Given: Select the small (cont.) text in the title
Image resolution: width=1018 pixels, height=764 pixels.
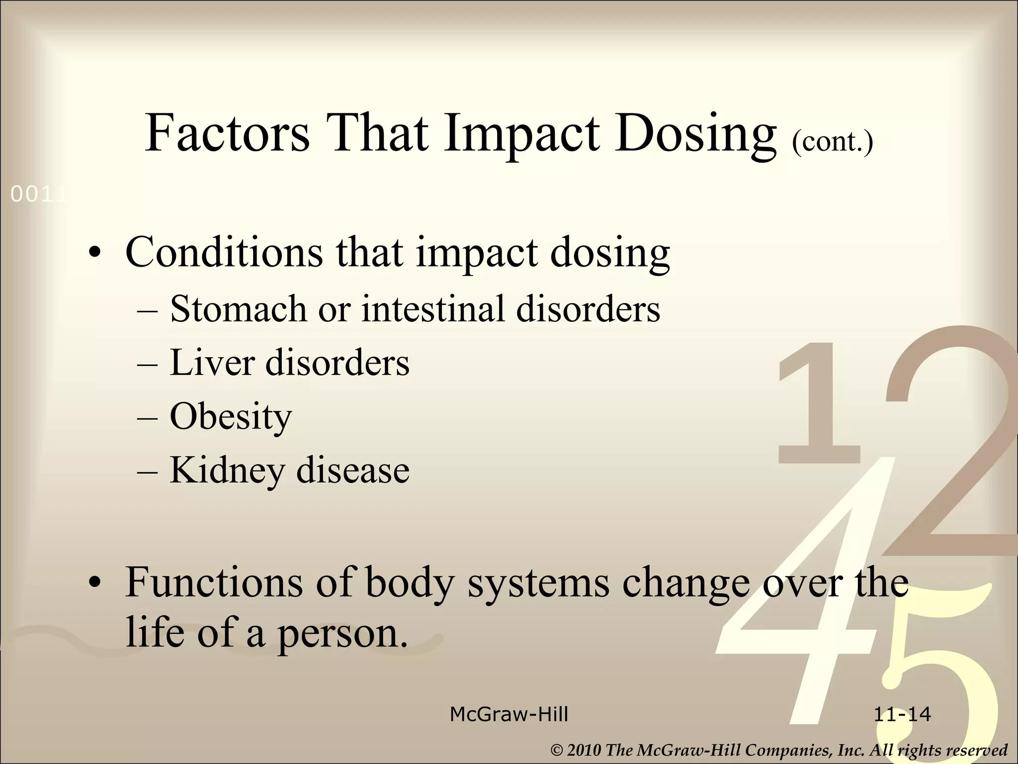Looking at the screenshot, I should coord(832,141).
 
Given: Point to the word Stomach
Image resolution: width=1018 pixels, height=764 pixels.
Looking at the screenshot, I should coord(239,309).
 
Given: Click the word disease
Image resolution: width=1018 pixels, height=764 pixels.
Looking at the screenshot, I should coord(353,471).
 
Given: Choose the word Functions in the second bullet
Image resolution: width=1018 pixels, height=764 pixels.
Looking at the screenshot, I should coord(214,582).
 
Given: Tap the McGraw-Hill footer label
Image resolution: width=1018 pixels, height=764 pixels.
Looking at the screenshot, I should coord(509,715).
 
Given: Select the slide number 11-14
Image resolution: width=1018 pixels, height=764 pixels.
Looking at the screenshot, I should coord(902,715).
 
